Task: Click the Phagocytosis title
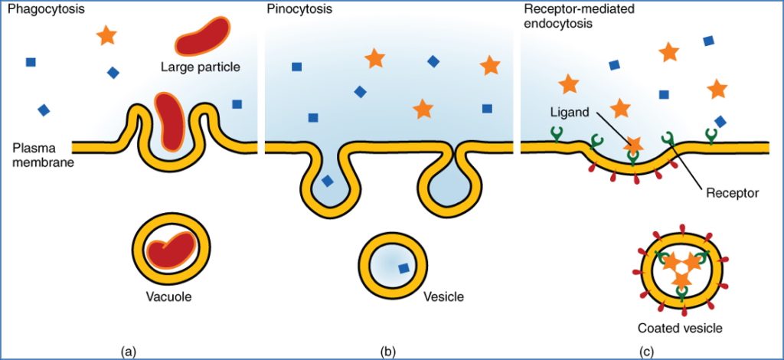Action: point(42,10)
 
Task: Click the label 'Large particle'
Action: point(201,67)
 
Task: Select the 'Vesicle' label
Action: point(443,296)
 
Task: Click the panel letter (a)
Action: point(129,351)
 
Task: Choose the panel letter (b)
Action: point(388,351)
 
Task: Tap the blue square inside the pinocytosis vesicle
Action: point(403,268)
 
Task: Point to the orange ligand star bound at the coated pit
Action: point(632,144)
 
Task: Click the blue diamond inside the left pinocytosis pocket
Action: point(327,182)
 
